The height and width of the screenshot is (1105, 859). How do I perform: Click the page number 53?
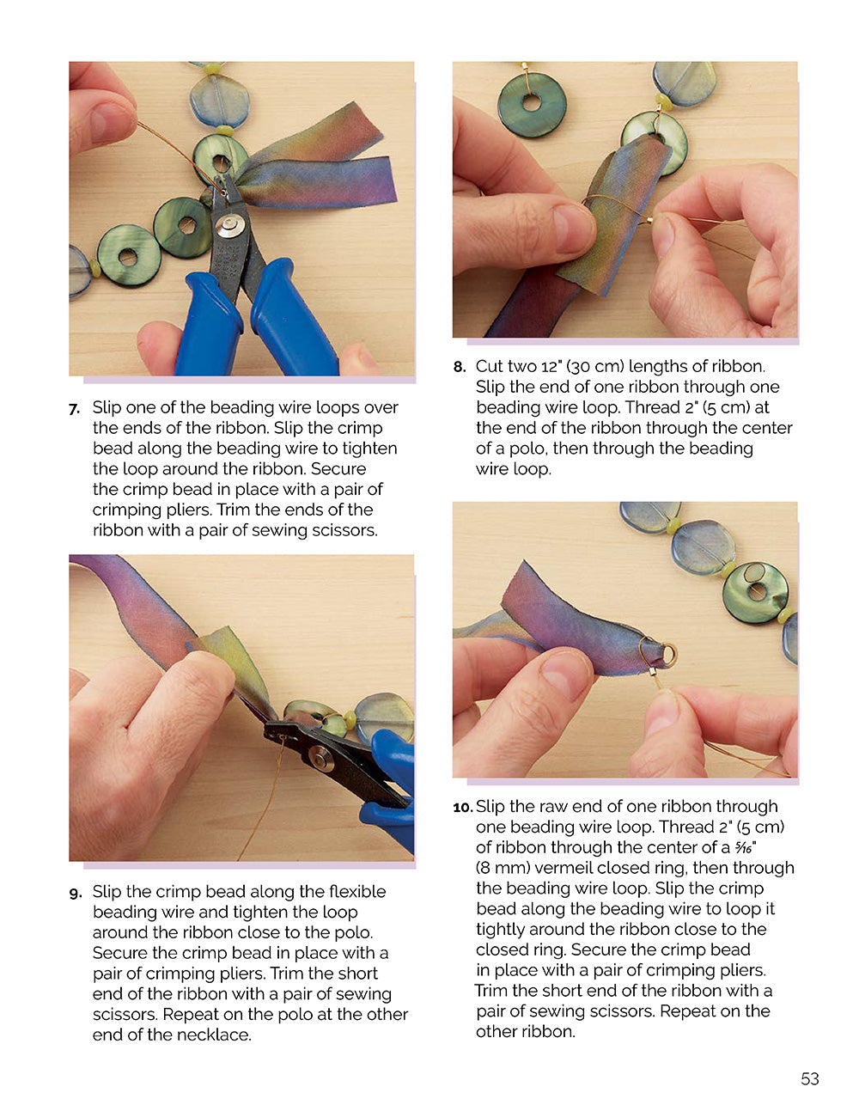click(x=809, y=1078)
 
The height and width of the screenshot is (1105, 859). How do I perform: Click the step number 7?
click(x=75, y=409)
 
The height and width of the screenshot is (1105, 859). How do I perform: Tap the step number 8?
click(x=459, y=368)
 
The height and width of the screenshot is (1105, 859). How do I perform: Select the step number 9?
click(x=76, y=893)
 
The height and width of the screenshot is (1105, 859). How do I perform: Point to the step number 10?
click(x=462, y=808)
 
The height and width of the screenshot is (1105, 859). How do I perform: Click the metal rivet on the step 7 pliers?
click(x=229, y=227)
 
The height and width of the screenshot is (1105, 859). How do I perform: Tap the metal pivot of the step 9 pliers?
click(x=321, y=758)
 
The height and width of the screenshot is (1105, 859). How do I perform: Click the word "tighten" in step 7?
click(x=368, y=449)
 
